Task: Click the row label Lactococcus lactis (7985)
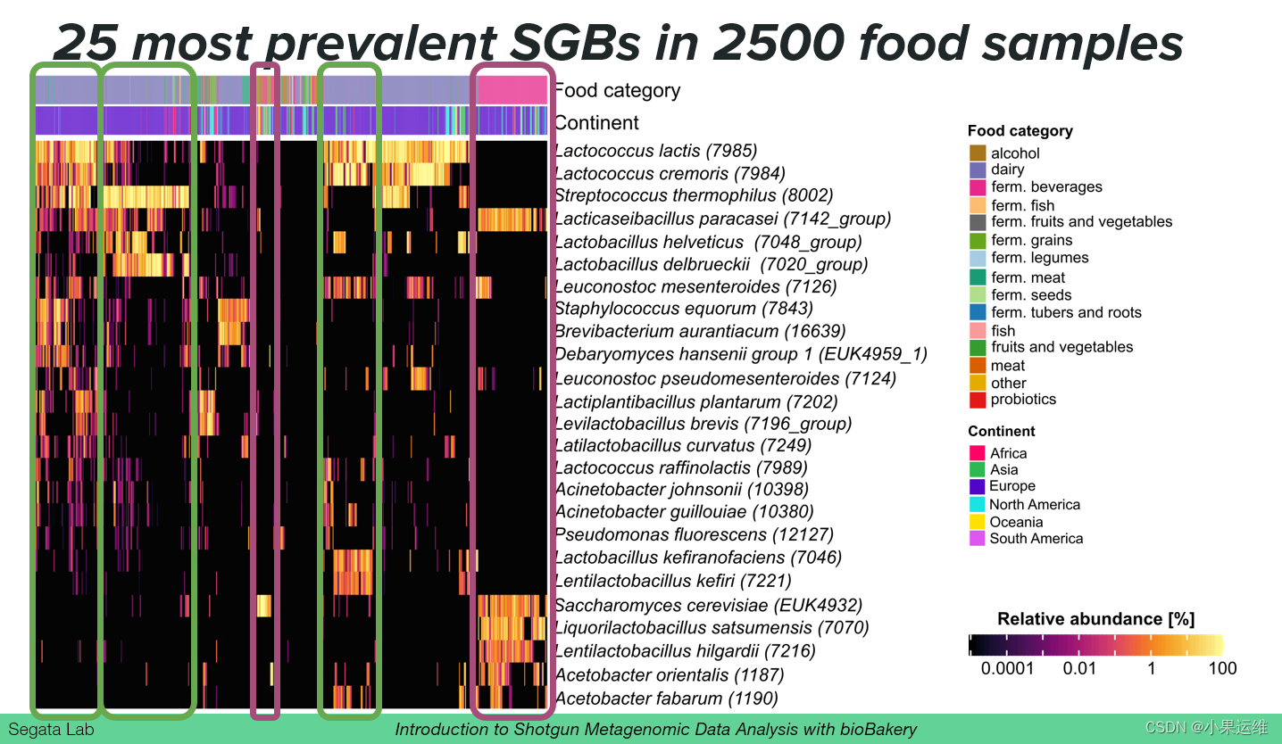[655, 151]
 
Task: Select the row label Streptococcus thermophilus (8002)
[694, 195]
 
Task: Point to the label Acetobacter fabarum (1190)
[666, 699]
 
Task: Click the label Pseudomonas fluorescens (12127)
[694, 534]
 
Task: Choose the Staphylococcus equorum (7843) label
[684, 309]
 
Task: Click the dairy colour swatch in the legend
[977, 169]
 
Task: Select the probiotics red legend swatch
[977, 400]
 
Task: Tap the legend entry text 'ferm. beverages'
[1046, 187]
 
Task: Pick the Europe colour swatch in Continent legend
[977, 486]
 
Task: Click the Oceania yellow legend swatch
[977, 522]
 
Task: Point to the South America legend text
[1036, 539]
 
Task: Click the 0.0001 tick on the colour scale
[1007, 668]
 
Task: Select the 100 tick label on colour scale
[1222, 668]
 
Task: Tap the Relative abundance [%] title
[1095, 619]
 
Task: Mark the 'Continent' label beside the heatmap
[596, 122]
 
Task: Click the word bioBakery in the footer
[878, 730]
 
